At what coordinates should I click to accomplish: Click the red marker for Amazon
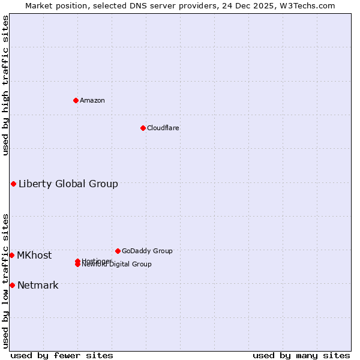[76, 100]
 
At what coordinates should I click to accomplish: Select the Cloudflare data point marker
[143, 128]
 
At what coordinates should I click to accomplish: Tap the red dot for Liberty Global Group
[13, 184]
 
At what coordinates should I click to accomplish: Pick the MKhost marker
[11, 255]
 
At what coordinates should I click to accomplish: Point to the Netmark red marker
[12, 285]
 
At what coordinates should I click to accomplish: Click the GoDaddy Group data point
[118, 251]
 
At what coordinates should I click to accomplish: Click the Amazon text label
[92, 100]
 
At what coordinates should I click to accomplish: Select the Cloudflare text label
[163, 128]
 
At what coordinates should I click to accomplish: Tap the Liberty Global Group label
[68, 184]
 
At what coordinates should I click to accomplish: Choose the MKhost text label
[34, 255]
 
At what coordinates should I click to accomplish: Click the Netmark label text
[38, 285]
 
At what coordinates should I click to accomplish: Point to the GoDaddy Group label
[147, 251]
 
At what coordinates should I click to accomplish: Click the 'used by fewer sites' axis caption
[62, 355]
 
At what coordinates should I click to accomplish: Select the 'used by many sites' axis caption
[301, 355]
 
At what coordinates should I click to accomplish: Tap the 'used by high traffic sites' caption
[5, 85]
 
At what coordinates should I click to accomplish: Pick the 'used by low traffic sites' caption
[5, 280]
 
